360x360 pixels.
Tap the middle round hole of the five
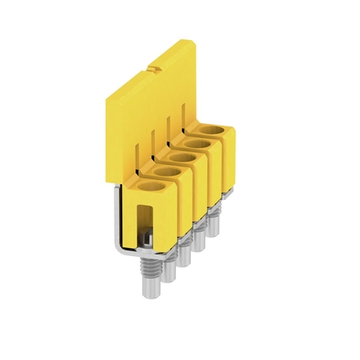pyautogui.click(x=178, y=157)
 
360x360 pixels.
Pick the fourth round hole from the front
pyautogui.click(x=195, y=145)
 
